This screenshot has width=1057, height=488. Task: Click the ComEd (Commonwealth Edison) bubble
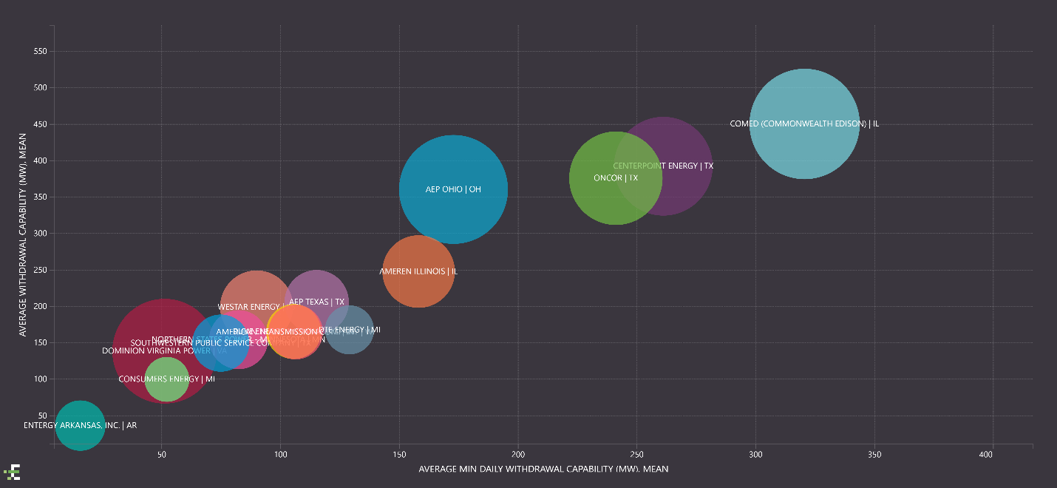[x=804, y=123]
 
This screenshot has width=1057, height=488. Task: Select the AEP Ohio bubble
[x=453, y=189]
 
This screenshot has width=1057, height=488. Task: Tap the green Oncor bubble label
[x=615, y=178]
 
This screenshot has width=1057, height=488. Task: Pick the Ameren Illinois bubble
[x=418, y=271]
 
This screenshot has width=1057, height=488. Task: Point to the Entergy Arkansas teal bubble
[x=80, y=425]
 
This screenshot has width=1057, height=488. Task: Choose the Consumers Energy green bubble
[x=166, y=379]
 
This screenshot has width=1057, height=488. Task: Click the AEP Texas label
[x=316, y=302]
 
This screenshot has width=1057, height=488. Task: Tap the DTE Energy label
[x=350, y=330]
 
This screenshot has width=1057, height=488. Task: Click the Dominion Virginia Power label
[x=164, y=351]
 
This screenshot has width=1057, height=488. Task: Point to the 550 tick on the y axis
[x=40, y=52]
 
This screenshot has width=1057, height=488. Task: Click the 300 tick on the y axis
[x=40, y=234]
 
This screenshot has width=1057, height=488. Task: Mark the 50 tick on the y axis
[x=42, y=416]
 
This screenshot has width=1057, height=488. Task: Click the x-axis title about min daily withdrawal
[x=543, y=469]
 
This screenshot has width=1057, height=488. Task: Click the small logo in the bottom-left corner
[x=12, y=472]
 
